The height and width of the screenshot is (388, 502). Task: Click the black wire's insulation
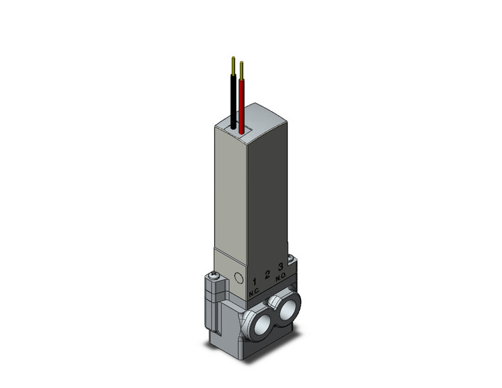[232, 99]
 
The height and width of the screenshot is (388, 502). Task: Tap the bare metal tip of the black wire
[233, 65]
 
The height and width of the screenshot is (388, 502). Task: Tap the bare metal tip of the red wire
[242, 69]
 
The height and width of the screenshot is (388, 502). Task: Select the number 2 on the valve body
[267, 275]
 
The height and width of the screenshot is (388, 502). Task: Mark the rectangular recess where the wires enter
[236, 124]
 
